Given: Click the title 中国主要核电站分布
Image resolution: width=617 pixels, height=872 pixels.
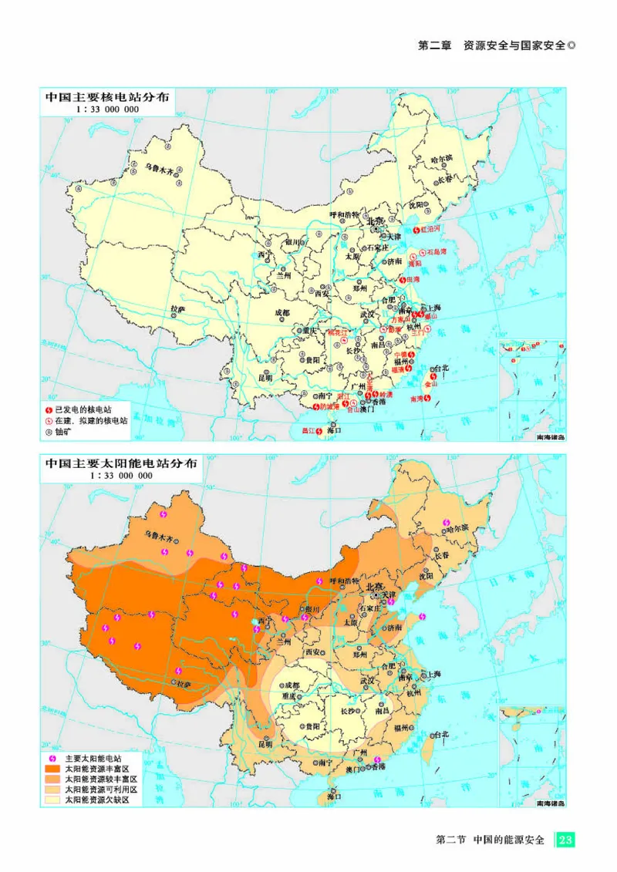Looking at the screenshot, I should pyautogui.click(x=106, y=98).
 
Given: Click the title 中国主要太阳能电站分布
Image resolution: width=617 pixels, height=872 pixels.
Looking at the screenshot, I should pyautogui.click(x=120, y=464).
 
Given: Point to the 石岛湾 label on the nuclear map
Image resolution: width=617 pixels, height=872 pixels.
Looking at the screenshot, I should pyautogui.click(x=437, y=252).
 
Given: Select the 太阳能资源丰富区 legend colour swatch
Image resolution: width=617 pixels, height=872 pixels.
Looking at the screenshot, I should pyautogui.click(x=52, y=769).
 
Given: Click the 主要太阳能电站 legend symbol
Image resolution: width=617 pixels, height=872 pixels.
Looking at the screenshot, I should pyautogui.click(x=52, y=758).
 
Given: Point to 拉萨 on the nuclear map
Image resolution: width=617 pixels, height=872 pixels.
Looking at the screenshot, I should pyautogui.click(x=177, y=310).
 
